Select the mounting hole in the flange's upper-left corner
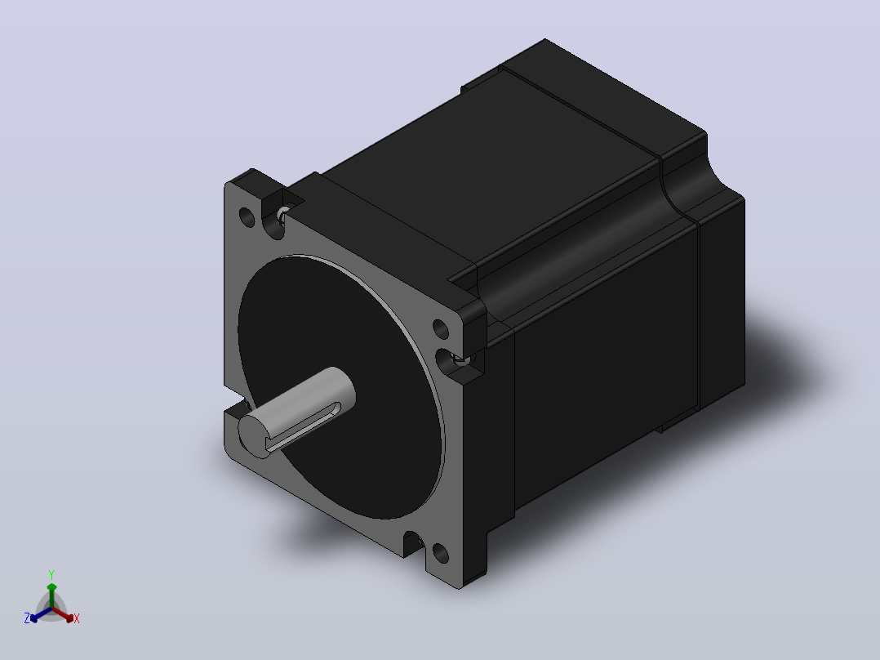tap(247, 216)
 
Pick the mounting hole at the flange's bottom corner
tap(441, 553)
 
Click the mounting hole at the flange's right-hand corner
tap(441, 329)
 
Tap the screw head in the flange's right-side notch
tap(461, 359)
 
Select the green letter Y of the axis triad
tap(51, 574)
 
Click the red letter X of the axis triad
tap(77, 618)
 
